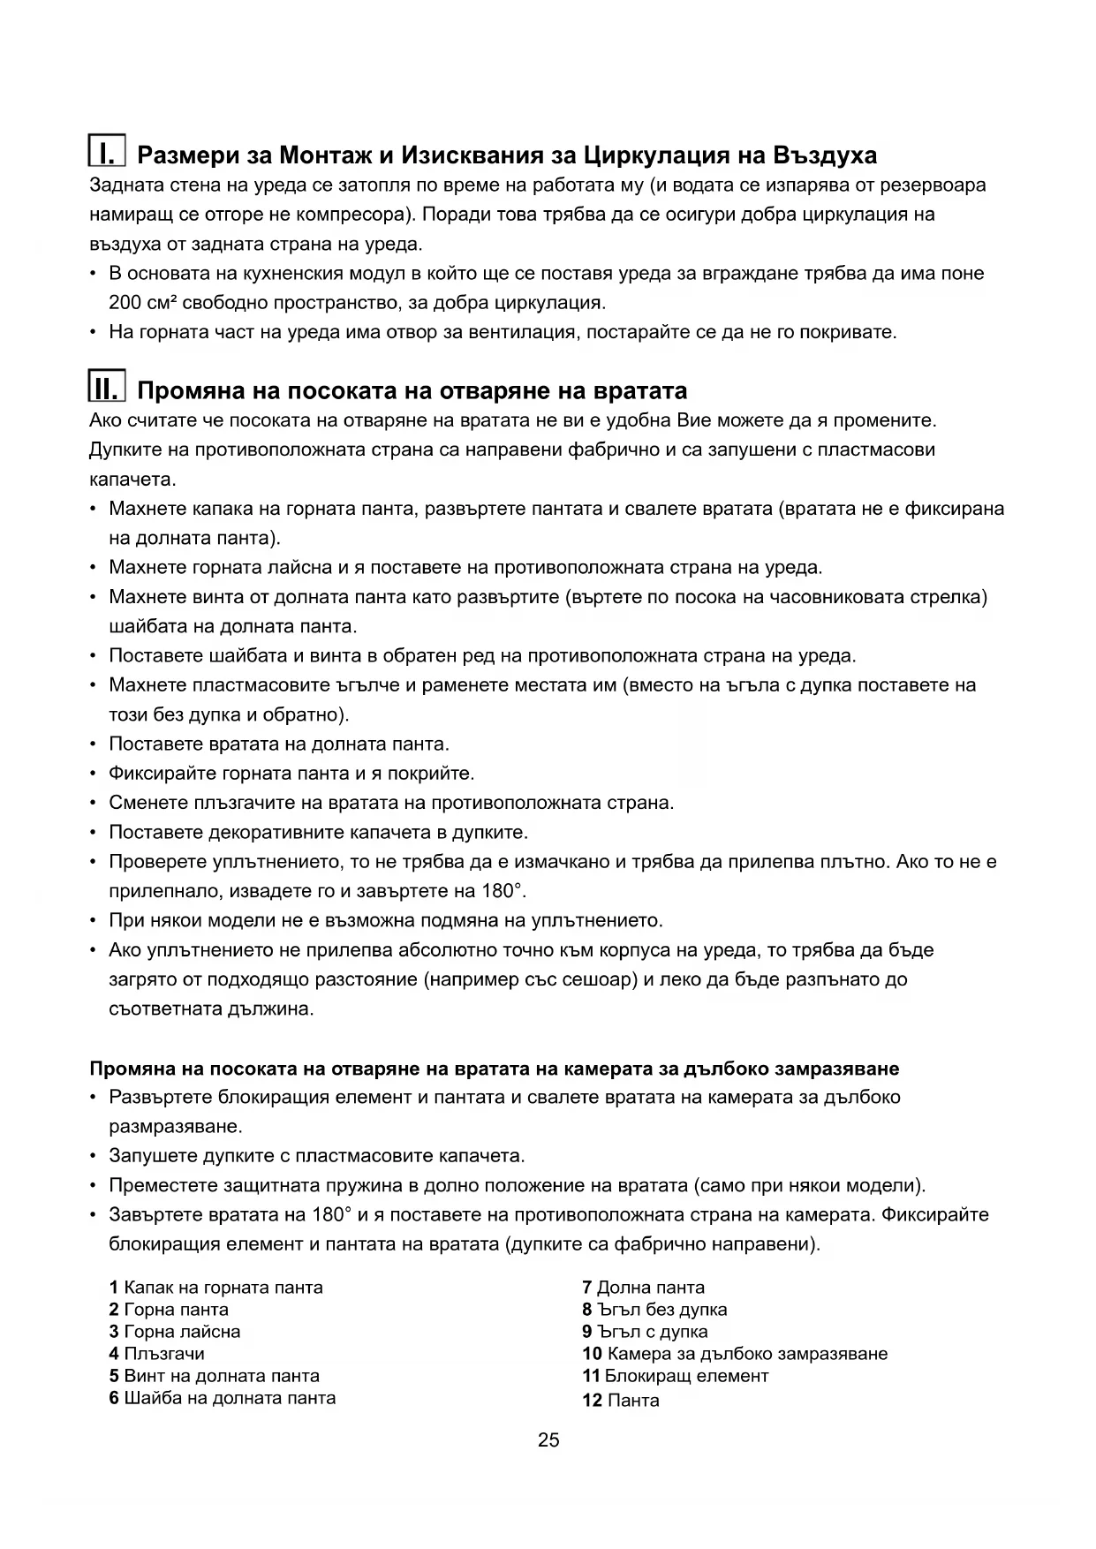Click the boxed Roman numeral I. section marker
pyautogui.click(x=108, y=152)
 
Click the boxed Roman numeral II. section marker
pyautogui.click(x=108, y=388)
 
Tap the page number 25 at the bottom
pyautogui.click(x=548, y=1440)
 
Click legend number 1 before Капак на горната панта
pyautogui.click(x=114, y=1288)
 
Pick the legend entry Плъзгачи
pyautogui.click(x=164, y=1354)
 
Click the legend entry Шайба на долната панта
pyautogui.click(x=230, y=1398)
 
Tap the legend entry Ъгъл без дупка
pyautogui.click(x=661, y=1310)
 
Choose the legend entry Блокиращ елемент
pyautogui.click(x=687, y=1376)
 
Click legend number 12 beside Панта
pyautogui.click(x=592, y=1401)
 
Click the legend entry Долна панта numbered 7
pyautogui.click(x=651, y=1288)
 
